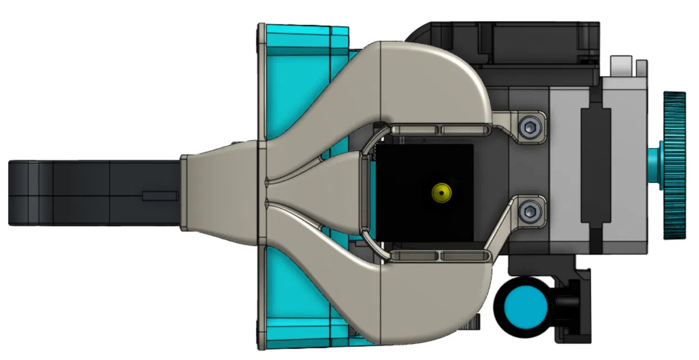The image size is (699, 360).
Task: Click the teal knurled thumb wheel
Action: (674, 165)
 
